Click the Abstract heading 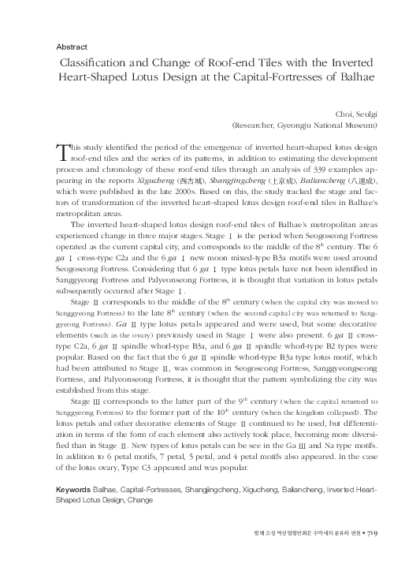coord(72,47)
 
